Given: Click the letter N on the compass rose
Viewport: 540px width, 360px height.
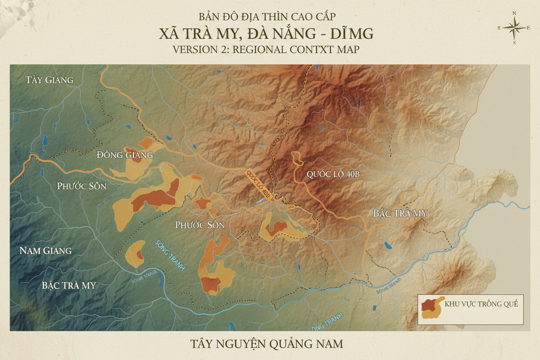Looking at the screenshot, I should tap(514, 13).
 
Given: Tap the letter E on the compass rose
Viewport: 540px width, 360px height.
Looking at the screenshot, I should tap(528, 28).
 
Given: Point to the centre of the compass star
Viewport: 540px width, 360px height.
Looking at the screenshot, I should tap(514, 28).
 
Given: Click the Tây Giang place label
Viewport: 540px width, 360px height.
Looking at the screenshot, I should tap(49, 80).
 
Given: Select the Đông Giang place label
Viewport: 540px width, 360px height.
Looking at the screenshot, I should tap(125, 154).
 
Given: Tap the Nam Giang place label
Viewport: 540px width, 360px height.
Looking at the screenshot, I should tap(45, 251).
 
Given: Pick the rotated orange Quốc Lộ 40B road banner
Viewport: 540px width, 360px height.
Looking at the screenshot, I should tap(259, 184).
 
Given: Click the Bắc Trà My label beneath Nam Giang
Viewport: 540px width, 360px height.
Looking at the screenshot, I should tap(69, 286).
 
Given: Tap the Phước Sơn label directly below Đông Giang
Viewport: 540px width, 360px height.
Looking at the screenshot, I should tap(82, 186).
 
